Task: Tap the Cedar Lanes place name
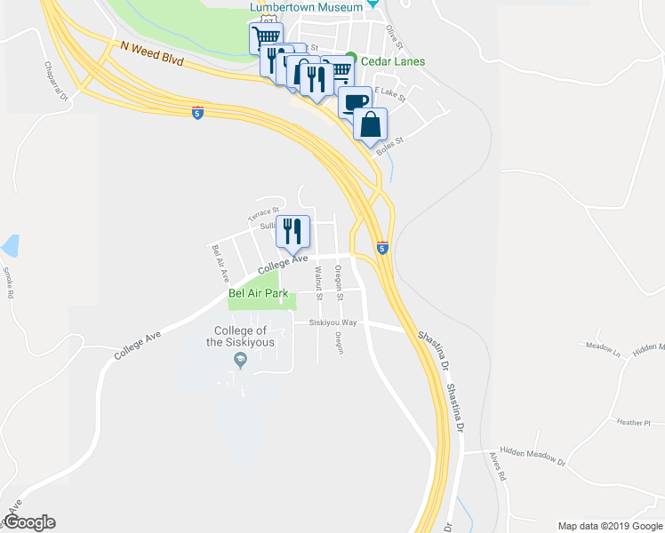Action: pyautogui.click(x=391, y=61)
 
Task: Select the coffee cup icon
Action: pyautogui.click(x=355, y=101)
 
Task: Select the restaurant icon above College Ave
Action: pyautogui.click(x=293, y=232)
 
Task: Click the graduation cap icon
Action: pyautogui.click(x=239, y=360)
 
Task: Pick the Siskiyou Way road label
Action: pyautogui.click(x=332, y=322)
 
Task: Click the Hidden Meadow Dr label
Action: pyautogui.click(x=533, y=456)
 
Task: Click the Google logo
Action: pyautogui.click(x=29, y=522)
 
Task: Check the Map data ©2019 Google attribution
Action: pyautogui.click(x=610, y=526)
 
